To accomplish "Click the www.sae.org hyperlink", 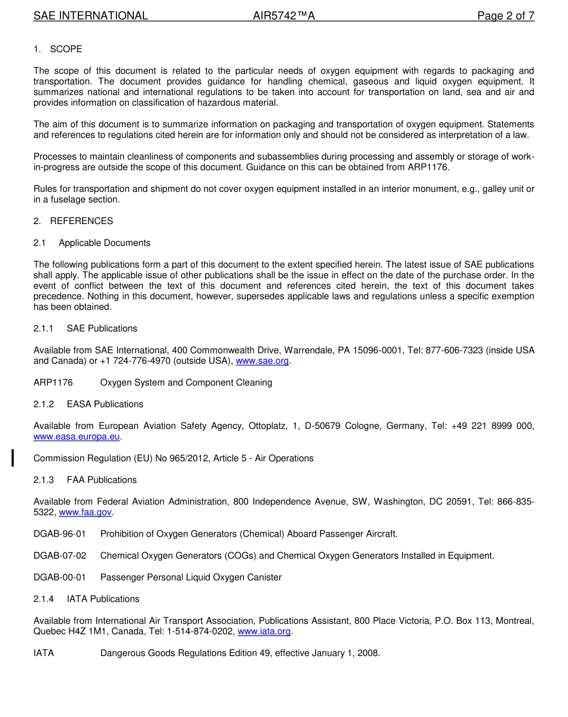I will coord(262,361).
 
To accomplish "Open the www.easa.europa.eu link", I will coord(77,437).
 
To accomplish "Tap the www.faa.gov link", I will coord(85,512).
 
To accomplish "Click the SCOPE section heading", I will coord(66,49).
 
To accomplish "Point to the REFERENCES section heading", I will coord(81,221).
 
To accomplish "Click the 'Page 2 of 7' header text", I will coord(505,16).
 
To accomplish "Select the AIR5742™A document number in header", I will coord(283,16).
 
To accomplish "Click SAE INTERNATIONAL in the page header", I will coord(90,16).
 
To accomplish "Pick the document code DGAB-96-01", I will coord(60,534).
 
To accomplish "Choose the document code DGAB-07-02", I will coord(60,556).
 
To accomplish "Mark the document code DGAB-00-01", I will coord(60,577).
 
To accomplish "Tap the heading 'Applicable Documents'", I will coord(105,243).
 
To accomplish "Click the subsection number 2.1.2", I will coord(44,405).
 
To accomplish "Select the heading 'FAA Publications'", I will coord(102,480).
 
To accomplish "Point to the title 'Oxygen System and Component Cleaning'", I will coord(186,382).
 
